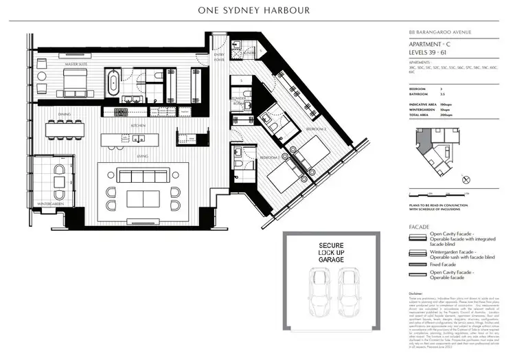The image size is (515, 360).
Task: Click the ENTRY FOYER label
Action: tap(219, 56)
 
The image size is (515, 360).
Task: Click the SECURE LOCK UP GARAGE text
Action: tap(333, 251)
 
